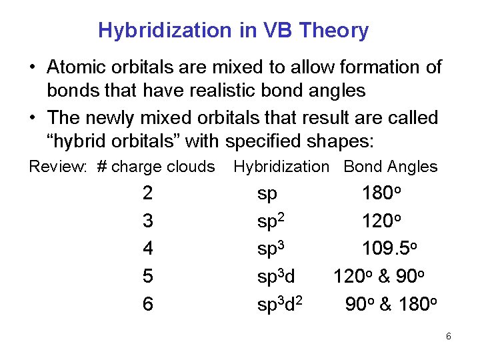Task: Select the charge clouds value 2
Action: pyautogui.click(x=147, y=194)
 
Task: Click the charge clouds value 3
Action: pyautogui.click(x=147, y=221)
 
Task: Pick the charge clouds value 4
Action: pyautogui.click(x=147, y=249)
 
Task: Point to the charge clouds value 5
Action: pyautogui.click(x=147, y=276)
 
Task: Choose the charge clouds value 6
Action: pyautogui.click(x=147, y=304)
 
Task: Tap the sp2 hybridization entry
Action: pyautogui.click(x=271, y=221)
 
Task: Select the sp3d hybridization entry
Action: pyautogui.click(x=276, y=276)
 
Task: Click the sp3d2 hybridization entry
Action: pyautogui.click(x=281, y=304)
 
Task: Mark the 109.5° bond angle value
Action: pyautogui.click(x=389, y=249)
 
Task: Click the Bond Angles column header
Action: pyautogui.click(x=390, y=167)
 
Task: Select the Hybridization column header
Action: pyautogui.click(x=281, y=167)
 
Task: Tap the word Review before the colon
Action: pyautogui.click(x=56, y=167)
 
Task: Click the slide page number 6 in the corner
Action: pyautogui.click(x=449, y=336)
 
